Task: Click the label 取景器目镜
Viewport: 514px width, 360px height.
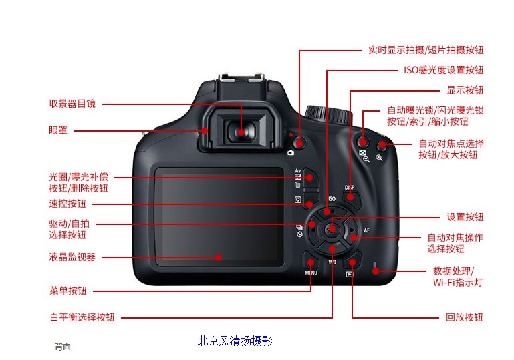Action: pyautogui.click(x=72, y=104)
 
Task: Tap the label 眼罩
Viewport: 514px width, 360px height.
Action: pyautogui.click(x=58, y=130)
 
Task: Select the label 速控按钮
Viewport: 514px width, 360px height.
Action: pyautogui.click(x=68, y=204)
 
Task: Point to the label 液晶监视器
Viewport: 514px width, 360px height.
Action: pyautogui.click(x=72, y=257)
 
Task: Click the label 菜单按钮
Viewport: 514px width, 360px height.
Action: pyautogui.click(x=68, y=291)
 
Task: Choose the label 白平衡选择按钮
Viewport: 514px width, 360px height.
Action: pyautogui.click(x=82, y=317)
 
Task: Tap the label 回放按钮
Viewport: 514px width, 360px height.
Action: pyautogui.click(x=464, y=317)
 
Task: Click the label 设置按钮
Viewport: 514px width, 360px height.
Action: pyautogui.click(x=465, y=217)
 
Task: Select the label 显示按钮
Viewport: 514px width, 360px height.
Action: pyautogui.click(x=465, y=90)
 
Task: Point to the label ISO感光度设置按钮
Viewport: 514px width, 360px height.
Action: pyautogui.click(x=444, y=70)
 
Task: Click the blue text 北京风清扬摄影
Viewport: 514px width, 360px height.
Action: pyautogui.click(x=235, y=341)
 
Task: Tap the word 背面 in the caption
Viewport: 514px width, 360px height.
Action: pyautogui.click(x=63, y=346)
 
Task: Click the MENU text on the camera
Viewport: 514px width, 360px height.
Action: pyautogui.click(x=311, y=273)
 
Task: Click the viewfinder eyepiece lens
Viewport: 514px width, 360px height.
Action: pyautogui.click(x=241, y=132)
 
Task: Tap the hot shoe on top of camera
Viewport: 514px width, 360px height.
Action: pyautogui.click(x=241, y=79)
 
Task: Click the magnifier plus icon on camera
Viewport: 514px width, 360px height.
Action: pyautogui.click(x=379, y=158)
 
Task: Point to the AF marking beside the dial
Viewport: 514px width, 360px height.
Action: pyautogui.click(x=366, y=230)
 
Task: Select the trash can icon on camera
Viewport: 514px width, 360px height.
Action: pyautogui.click(x=298, y=185)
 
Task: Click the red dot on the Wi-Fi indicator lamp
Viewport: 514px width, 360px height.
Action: pyautogui.click(x=376, y=271)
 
